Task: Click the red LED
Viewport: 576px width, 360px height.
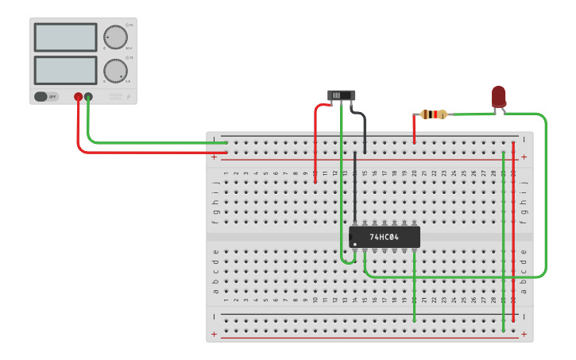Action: pos(499,97)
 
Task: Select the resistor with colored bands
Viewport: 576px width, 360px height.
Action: pos(433,114)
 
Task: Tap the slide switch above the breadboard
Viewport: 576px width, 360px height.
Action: pos(342,95)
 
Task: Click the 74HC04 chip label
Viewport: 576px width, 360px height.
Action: pos(384,237)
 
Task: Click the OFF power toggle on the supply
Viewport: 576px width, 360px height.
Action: pos(46,97)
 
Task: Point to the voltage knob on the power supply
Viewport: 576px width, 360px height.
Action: pos(115,37)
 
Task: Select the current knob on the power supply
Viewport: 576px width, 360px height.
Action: pos(115,71)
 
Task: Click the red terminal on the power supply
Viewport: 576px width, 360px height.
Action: pos(78,97)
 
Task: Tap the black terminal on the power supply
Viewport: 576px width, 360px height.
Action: pos(88,97)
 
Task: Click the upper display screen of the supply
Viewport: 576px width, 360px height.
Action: pos(65,37)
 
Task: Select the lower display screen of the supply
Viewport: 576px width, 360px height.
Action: pos(65,70)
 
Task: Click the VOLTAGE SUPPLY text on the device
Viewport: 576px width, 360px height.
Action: pos(116,95)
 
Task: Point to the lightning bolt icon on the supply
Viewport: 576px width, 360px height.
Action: pos(130,96)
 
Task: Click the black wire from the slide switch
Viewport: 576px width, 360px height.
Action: pos(364,131)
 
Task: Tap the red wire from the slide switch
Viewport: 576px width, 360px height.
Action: pos(316,143)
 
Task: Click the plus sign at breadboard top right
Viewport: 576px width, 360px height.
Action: pos(524,157)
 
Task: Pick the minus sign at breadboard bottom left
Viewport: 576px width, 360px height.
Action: pos(214,316)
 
